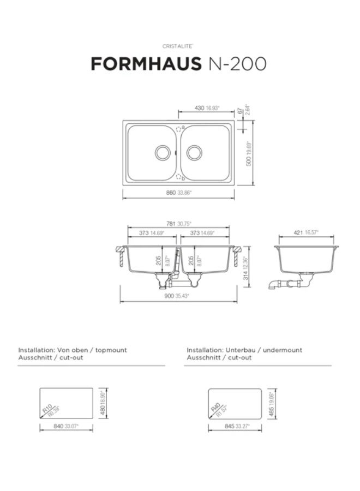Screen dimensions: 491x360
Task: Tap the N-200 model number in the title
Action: coord(238,64)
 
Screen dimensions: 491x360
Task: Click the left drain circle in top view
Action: coord(163,153)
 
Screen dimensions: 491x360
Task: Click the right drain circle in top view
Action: coord(194,153)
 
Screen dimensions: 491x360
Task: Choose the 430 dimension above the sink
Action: coord(200,108)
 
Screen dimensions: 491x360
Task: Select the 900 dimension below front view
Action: coord(169,296)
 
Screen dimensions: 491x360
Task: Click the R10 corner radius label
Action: coord(47,407)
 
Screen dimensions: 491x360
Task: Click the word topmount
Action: coord(111,350)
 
